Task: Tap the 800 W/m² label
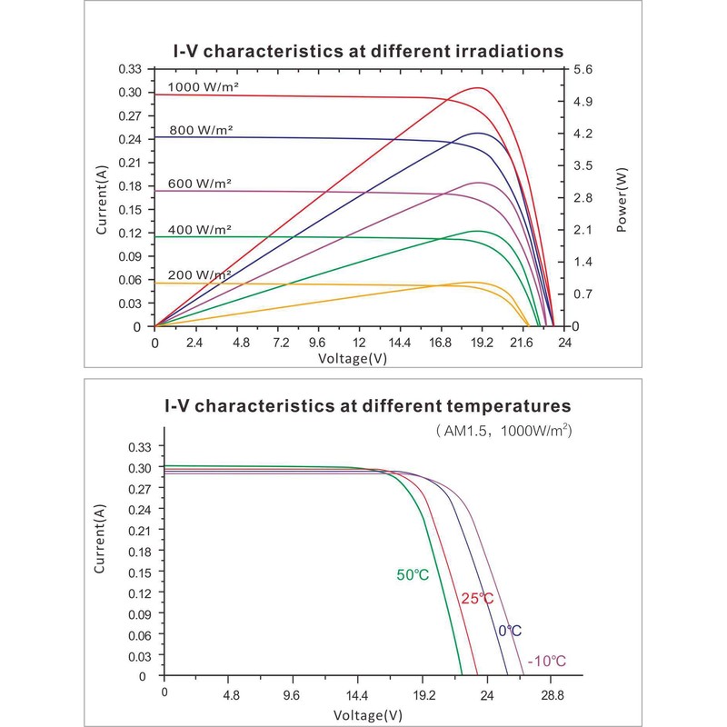(201, 130)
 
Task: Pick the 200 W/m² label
(200, 274)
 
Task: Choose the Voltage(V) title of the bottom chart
(367, 714)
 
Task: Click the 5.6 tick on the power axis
(583, 69)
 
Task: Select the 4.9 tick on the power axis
(583, 102)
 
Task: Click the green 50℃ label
(413, 574)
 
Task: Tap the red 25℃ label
(476, 598)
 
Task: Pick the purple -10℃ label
(547, 662)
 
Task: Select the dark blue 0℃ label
(510, 631)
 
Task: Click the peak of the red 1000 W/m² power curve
(478, 88)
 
